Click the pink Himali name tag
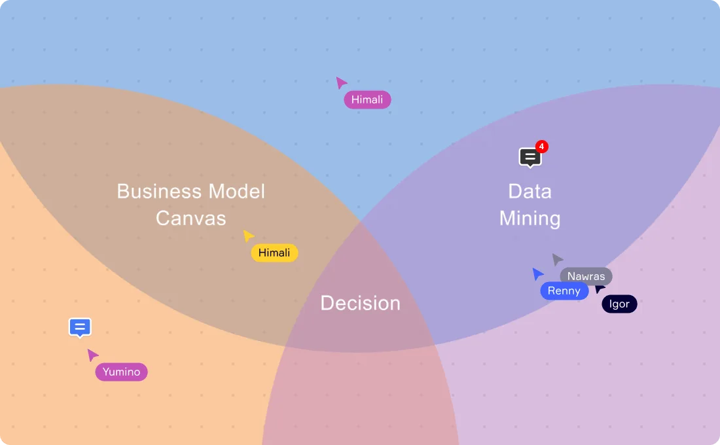tap(368, 99)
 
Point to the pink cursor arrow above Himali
tap(341, 82)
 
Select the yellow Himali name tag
tap(274, 253)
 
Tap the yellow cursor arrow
tap(248, 236)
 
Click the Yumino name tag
tap(121, 372)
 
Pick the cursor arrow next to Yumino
tap(93, 355)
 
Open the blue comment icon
tap(80, 327)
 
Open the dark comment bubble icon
tap(530, 157)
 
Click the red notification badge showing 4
tap(541, 147)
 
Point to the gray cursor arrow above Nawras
tap(557, 259)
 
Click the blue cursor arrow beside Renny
tap(537, 274)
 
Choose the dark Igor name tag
tap(619, 304)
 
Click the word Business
tap(159, 191)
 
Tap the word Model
tap(236, 191)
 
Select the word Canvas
tap(191, 218)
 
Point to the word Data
tap(530, 191)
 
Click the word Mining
tap(530, 218)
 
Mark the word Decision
tap(360, 303)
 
